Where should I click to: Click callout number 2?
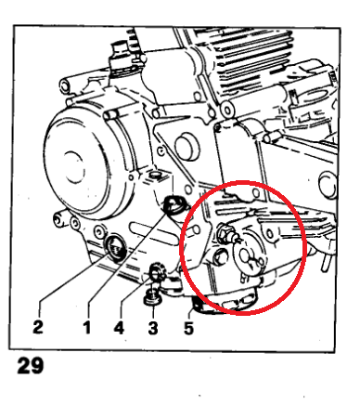[x=38, y=326]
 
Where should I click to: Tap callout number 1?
[x=87, y=327]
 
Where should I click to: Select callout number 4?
[x=119, y=327]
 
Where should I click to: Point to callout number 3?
[x=153, y=328]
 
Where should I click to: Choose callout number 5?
[x=188, y=328]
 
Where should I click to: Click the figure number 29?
[x=31, y=365]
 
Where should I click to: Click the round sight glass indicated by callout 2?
[x=116, y=246]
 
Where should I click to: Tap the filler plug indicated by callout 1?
[x=174, y=204]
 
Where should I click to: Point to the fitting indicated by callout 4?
[x=157, y=270]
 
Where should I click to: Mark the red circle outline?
[x=180, y=248]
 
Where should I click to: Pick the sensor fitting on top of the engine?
[x=121, y=59]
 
